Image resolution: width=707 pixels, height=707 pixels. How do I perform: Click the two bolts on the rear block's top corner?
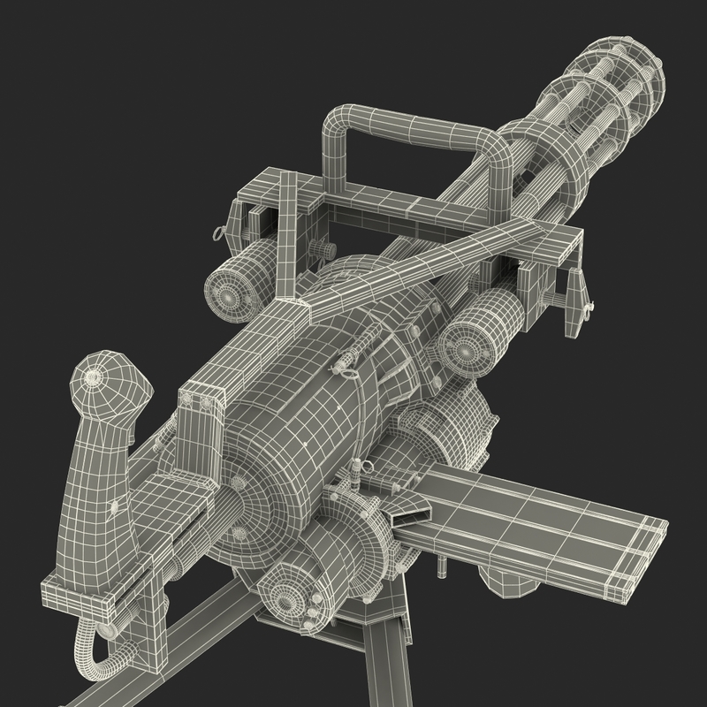tap(200, 403)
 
